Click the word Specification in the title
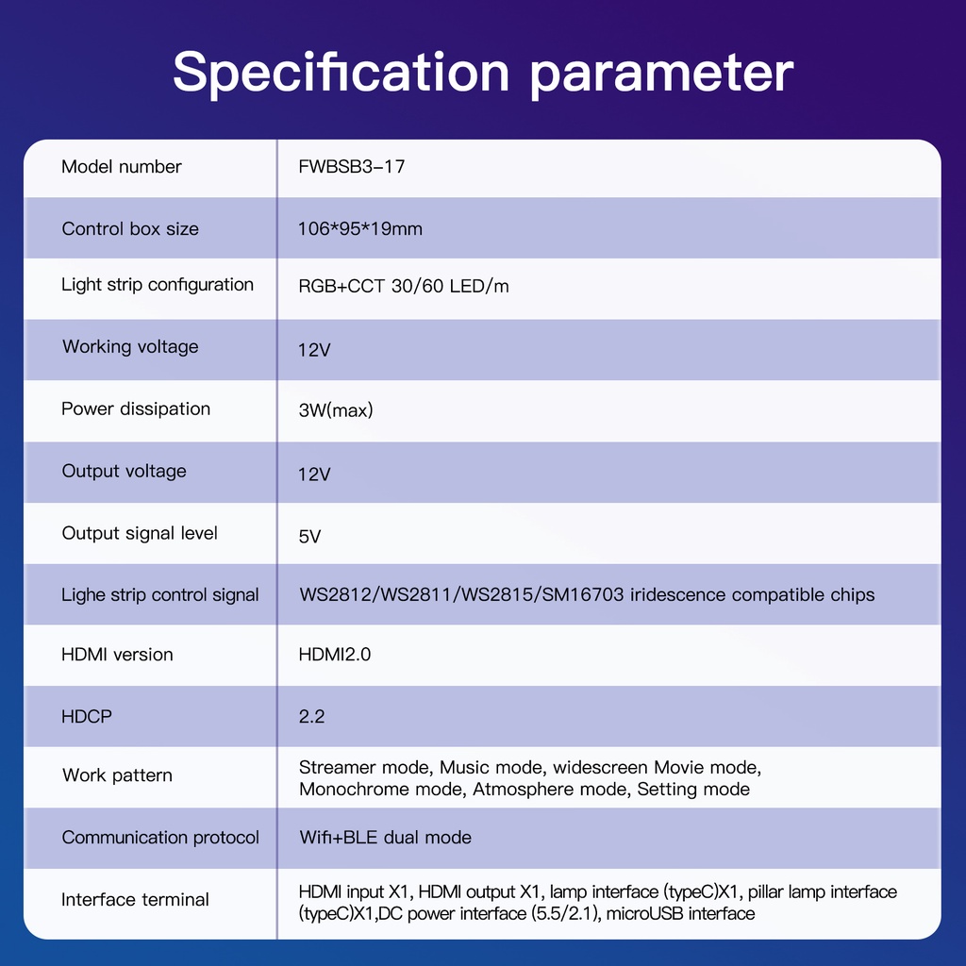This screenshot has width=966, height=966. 341,74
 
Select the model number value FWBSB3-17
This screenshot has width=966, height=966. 352,166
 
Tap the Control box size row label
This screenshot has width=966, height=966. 130,228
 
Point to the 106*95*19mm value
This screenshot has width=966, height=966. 360,228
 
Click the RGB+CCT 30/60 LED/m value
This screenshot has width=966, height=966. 404,286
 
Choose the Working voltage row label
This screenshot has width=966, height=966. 130,347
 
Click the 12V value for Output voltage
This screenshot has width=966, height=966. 314,474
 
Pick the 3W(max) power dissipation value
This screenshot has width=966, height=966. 336,410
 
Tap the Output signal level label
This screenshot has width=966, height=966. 140,533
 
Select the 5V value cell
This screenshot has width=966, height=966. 309,536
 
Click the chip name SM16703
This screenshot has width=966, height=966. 583,594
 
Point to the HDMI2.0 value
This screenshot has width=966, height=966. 335,655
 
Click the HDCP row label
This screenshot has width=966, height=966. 87,717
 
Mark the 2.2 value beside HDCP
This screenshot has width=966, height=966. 311,717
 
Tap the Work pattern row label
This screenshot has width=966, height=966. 117,775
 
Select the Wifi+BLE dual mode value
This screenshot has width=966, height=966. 385,838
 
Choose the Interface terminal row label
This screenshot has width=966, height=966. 135,899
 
